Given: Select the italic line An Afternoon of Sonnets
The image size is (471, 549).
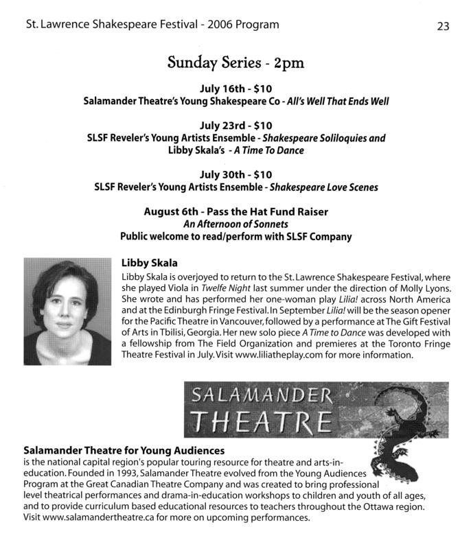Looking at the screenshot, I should pos(235,224).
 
